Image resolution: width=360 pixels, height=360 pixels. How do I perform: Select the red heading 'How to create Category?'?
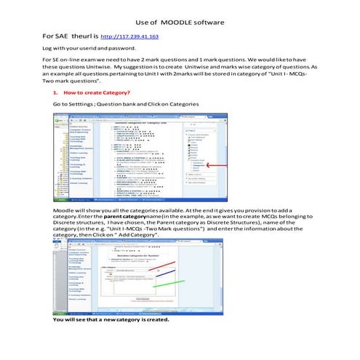97,93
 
